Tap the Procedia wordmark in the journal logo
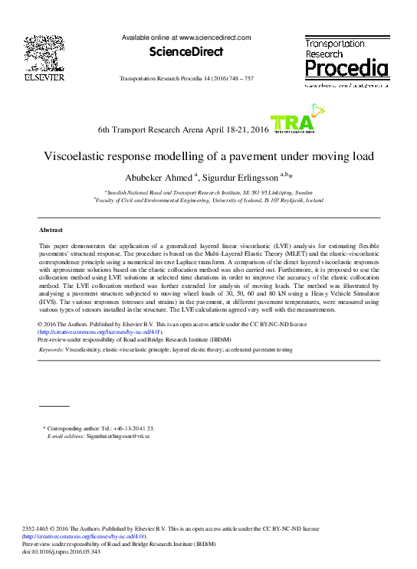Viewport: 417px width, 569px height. (346, 70)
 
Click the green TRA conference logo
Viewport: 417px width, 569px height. (292, 123)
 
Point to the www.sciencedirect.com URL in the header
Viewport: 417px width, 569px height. (215, 37)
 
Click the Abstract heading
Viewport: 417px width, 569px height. (51, 230)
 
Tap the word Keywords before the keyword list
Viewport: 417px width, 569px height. (51, 349)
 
